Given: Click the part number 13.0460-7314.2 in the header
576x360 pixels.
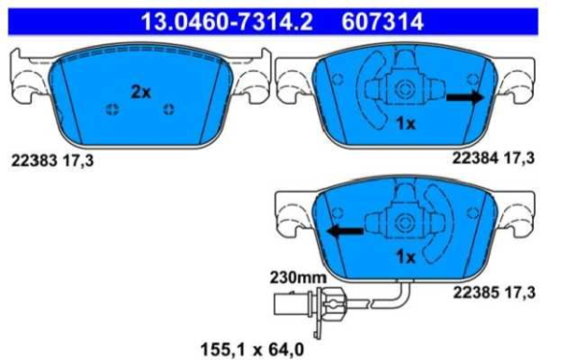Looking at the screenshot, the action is tap(227, 22).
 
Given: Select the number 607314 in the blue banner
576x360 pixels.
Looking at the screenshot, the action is tap(382, 22).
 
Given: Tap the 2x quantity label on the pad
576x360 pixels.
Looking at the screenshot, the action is tap(141, 92).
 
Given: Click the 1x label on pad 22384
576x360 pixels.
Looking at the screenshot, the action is tap(405, 124).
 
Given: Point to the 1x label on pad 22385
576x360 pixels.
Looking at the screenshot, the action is tap(405, 256).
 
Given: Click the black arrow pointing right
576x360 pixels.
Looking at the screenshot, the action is tap(466, 97).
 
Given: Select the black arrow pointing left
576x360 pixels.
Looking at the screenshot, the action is tap(346, 231).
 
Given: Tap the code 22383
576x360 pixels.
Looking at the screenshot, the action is tap(35, 160).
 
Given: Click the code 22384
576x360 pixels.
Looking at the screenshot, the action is tap(475, 158).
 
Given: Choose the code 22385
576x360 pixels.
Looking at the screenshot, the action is tap(476, 293).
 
